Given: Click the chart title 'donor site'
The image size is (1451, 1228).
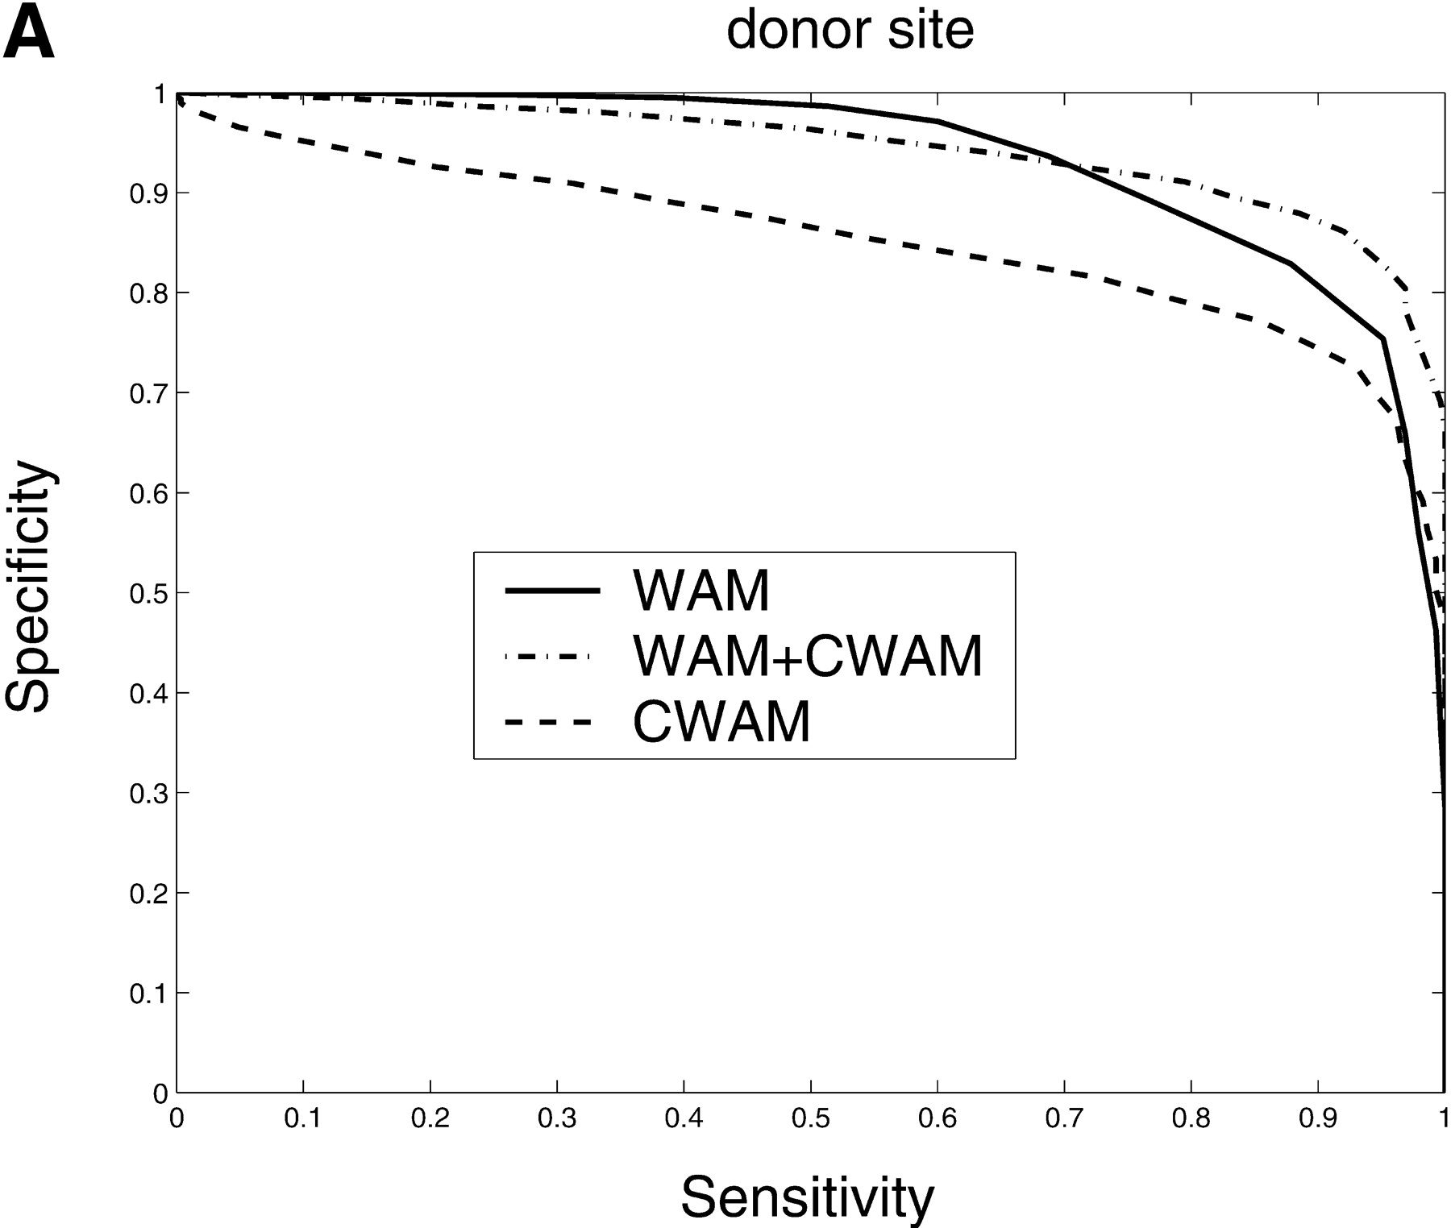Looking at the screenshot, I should tap(850, 31).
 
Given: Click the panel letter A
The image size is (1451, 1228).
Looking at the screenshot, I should tap(29, 36).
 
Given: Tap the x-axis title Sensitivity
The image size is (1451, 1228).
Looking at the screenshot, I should tap(807, 1197).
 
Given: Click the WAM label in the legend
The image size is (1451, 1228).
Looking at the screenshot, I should tap(701, 591).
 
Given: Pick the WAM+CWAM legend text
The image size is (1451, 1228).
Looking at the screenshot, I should tap(808, 656).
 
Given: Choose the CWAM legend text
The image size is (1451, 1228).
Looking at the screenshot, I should tap(721, 721).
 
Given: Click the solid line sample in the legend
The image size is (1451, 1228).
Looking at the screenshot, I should tap(552, 591).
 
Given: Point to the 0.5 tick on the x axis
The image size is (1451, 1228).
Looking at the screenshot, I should tap(811, 1120).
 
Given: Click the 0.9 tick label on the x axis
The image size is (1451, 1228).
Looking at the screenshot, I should tap(1317, 1120).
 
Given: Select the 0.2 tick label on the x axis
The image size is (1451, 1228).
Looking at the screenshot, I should tap(430, 1120).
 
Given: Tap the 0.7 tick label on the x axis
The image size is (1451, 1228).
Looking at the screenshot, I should tap(1064, 1120).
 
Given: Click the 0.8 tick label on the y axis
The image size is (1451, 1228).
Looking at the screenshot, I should tap(148, 293).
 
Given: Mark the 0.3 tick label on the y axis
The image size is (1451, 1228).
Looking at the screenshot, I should tap(148, 794).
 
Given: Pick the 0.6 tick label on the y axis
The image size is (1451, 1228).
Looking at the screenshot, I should tap(148, 493).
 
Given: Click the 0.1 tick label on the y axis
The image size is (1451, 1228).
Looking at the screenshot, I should tap(148, 994).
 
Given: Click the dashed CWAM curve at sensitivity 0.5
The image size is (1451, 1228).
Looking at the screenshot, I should tap(811, 229).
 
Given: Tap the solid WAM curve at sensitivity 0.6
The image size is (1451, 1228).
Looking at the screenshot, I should tap(938, 121).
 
